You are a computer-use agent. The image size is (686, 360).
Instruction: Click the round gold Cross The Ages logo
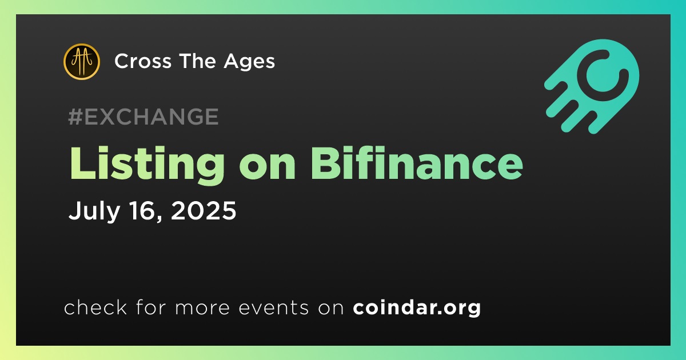tap(82, 62)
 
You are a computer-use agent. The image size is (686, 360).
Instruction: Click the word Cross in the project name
tap(143, 61)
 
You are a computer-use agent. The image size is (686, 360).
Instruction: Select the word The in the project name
tap(198, 61)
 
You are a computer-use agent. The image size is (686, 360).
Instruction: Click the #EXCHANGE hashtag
tap(143, 117)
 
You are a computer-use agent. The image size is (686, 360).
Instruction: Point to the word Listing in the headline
tap(147, 165)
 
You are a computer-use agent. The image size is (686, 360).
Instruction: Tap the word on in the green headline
tap(268, 168)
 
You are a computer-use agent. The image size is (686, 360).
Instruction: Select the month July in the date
tap(94, 211)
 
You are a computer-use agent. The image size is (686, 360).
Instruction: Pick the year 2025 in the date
tap(204, 211)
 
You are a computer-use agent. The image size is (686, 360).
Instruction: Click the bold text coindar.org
tap(417, 308)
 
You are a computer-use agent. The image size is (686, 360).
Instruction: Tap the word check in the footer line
tap(95, 307)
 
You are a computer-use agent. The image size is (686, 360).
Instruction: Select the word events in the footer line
tap(273, 308)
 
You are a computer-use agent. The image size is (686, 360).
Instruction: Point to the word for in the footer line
tap(151, 307)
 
